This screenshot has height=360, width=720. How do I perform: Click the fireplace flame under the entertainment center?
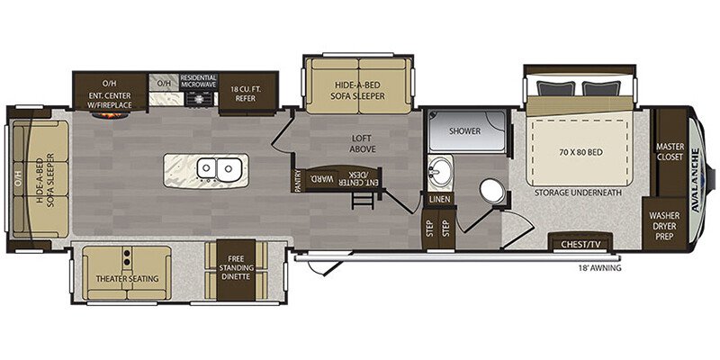click(x=108, y=114)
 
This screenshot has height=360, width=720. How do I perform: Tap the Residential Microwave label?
click(x=198, y=81)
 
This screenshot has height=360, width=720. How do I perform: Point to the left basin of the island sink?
click(x=207, y=168)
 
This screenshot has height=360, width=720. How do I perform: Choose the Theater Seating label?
click(x=127, y=278)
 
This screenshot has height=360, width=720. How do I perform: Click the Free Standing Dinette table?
click(x=236, y=270)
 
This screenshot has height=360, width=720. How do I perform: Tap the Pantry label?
click(x=297, y=181)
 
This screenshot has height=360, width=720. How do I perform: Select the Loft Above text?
click(x=363, y=143)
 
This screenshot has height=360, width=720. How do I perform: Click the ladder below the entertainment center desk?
click(x=359, y=200)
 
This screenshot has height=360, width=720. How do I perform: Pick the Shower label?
click(x=464, y=131)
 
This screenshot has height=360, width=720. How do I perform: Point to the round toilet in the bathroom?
click(x=491, y=192)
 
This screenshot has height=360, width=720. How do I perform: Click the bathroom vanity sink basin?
click(x=439, y=171)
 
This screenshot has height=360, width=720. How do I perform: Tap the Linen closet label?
click(x=440, y=200)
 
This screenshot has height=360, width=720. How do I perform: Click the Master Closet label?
click(x=670, y=152)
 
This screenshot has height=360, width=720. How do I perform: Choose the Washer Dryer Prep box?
click(x=664, y=226)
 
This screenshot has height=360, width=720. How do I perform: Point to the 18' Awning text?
click(x=599, y=268)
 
